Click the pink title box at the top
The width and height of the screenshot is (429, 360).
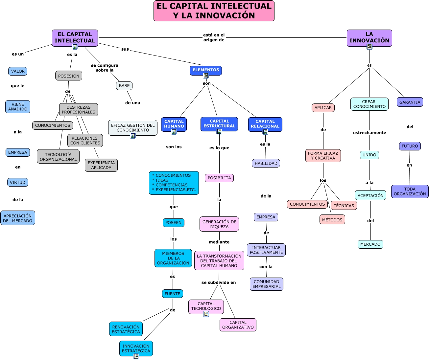pyautogui.click(x=214, y=11)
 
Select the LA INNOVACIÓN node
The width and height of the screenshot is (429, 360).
pyautogui.click(x=369, y=38)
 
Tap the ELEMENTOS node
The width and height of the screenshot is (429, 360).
pyautogui.click(x=206, y=70)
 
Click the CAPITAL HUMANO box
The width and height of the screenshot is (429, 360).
pyautogui.click(x=174, y=124)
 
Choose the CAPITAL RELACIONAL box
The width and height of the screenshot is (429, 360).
pyautogui.click(x=265, y=124)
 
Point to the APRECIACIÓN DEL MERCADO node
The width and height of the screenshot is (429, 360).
pyautogui.click(x=18, y=218)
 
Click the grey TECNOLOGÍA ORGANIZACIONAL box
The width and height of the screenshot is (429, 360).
pyautogui.click(x=58, y=156)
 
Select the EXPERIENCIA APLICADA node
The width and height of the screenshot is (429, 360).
pyautogui.click(x=101, y=165)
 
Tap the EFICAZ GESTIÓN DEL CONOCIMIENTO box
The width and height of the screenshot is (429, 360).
pyautogui.click(x=133, y=128)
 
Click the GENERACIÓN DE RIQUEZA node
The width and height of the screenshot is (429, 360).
pyautogui.click(x=219, y=224)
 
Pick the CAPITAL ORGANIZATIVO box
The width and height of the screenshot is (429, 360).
pyautogui.click(x=238, y=325)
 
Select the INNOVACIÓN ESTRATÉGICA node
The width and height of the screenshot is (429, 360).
pyautogui.click(x=136, y=348)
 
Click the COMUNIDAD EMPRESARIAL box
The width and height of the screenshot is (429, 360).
pyautogui.click(x=267, y=284)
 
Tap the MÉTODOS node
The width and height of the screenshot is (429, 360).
pyautogui.click(x=332, y=219)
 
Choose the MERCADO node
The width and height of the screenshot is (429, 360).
pyautogui.click(x=370, y=244)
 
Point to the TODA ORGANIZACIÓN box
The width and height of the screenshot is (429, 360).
pyautogui.click(x=410, y=191)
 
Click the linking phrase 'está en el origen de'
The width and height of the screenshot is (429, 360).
pyautogui.click(x=214, y=37)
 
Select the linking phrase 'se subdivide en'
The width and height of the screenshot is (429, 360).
pyautogui.click(x=219, y=282)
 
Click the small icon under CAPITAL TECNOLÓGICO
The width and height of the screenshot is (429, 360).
pyautogui.click(x=206, y=314)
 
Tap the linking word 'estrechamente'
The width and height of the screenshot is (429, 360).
pyautogui.click(x=369, y=133)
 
